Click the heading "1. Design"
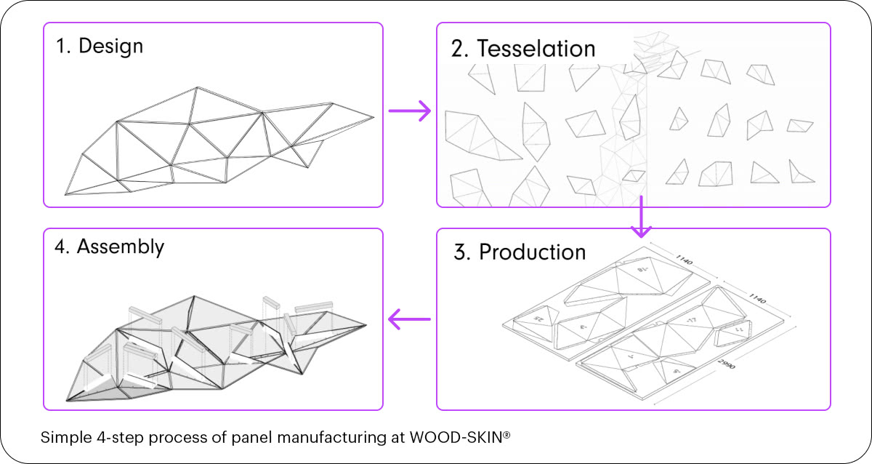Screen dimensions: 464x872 coord(100,47)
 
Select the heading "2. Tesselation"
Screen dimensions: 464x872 coord(523,49)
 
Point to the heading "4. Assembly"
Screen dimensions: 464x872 coord(109,247)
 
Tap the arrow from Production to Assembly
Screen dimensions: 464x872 coord(410,319)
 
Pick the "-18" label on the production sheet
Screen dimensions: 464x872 coord(642,269)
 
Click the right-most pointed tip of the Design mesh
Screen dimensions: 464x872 coord(374,117)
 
